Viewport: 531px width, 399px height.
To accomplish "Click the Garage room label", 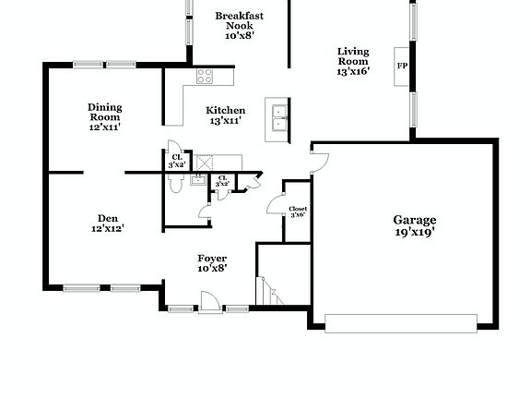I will point(414,220).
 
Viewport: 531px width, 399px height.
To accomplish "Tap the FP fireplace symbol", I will point(402,66).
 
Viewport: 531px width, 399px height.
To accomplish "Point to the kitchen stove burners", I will point(204,77).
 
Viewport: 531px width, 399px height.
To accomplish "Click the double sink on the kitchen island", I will point(278,119).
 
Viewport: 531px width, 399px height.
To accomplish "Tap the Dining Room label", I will point(105,112).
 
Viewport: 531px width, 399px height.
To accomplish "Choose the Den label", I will point(107,219).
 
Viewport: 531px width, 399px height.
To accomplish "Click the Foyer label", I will point(212,259).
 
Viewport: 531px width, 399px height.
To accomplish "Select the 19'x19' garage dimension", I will point(414,233).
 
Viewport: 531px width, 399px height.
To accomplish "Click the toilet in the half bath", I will point(175,182).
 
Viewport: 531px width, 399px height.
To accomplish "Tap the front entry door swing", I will point(209,300).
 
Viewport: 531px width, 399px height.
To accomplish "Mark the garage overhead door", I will point(401,322).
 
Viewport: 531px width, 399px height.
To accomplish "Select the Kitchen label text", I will point(225,110).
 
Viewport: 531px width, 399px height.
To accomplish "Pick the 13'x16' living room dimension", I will point(352,71).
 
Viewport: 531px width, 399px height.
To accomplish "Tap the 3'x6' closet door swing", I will point(276,205).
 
